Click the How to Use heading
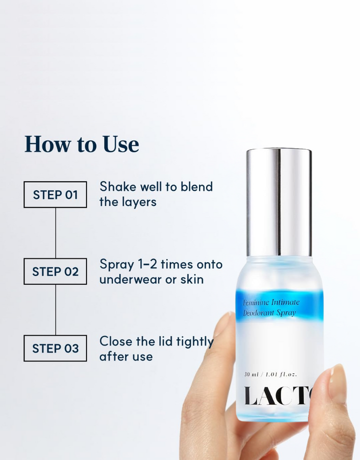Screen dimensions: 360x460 pyautogui.click(x=81, y=144)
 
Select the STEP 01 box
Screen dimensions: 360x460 pyautogui.click(x=55, y=195)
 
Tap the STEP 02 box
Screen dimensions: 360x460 pyautogui.click(x=55, y=271)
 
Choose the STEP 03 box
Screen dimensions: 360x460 pyautogui.click(x=55, y=348)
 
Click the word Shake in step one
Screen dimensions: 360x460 pyautogui.click(x=118, y=187)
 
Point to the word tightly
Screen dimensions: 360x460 pyautogui.click(x=194, y=342)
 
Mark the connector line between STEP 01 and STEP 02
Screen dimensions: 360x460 pyautogui.click(x=55, y=233)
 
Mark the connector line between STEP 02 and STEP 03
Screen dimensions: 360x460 pyautogui.click(x=55, y=310)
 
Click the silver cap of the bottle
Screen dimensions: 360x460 pyautogui.click(x=279, y=202)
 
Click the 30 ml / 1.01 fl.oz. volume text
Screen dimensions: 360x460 pyautogui.click(x=270, y=374)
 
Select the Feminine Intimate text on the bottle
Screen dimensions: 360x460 pyautogui.click(x=271, y=302)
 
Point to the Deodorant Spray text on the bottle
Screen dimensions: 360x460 pyautogui.click(x=269, y=313)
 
